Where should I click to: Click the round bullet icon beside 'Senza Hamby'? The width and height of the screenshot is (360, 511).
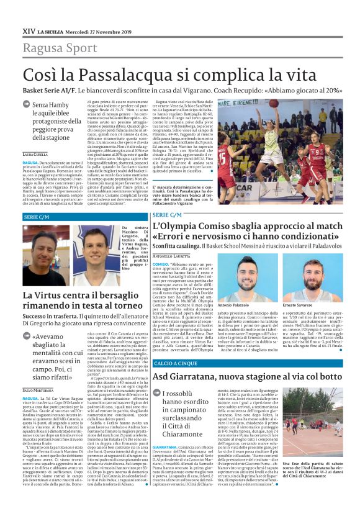pyautogui.click(x=27, y=106)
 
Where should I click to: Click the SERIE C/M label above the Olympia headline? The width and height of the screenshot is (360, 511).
pyautogui.click(x=168, y=214)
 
